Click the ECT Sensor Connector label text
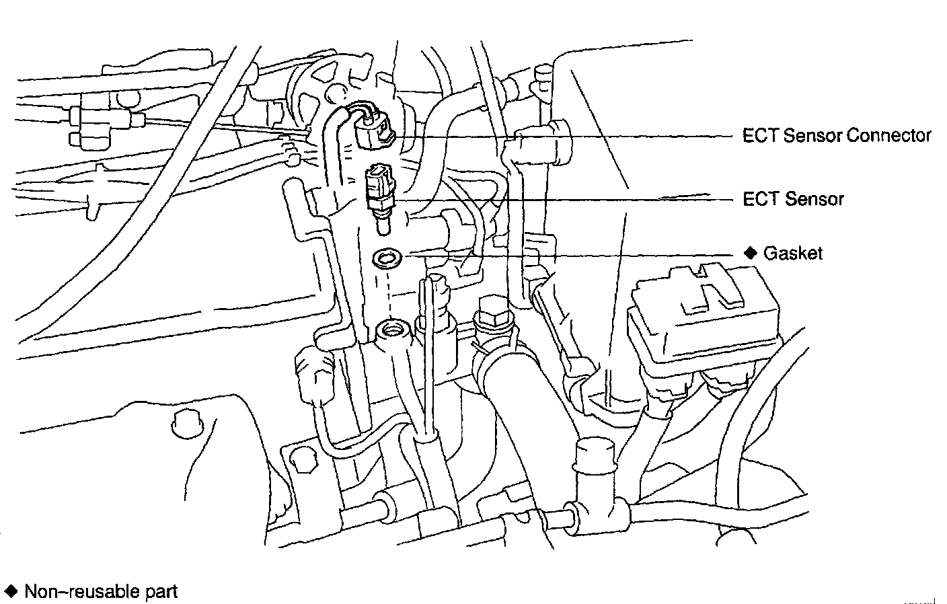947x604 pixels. point(836,136)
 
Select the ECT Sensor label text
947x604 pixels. point(792,199)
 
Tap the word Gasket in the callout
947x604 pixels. point(792,254)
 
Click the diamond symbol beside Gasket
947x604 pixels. point(751,253)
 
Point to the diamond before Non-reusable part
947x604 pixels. point(11,591)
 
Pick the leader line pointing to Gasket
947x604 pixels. point(572,254)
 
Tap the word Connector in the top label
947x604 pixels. point(888,136)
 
